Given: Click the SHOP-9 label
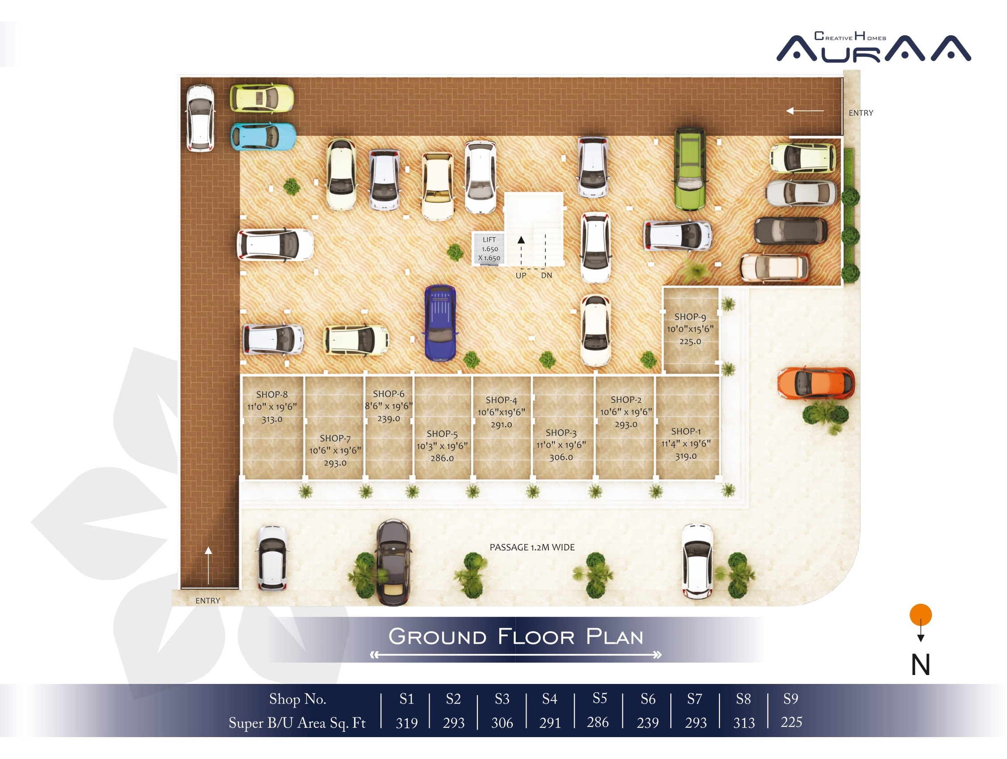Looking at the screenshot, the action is [690, 317].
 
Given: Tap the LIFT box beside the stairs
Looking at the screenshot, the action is [489, 248].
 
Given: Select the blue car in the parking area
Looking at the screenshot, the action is [440, 323].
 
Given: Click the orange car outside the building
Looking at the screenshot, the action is [816, 383].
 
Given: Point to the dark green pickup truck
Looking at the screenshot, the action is [690, 169].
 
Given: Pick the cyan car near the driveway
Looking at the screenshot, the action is [263, 136].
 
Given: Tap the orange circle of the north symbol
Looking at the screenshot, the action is [920, 615].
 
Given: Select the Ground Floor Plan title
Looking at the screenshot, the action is [516, 636].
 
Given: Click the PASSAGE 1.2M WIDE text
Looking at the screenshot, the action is [532, 547].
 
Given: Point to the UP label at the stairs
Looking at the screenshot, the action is [521, 276].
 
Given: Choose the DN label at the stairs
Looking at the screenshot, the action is [546, 276].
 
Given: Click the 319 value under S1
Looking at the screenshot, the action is [406, 722].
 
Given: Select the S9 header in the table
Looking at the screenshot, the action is [791, 698].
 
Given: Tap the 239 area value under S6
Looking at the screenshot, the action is [648, 722].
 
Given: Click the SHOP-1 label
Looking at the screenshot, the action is [685, 431].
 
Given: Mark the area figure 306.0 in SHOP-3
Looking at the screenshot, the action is [561, 457].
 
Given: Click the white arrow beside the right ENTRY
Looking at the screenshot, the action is [805, 111].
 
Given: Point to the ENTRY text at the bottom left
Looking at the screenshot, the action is [208, 600].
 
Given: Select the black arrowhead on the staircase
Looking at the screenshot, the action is [521, 239].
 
